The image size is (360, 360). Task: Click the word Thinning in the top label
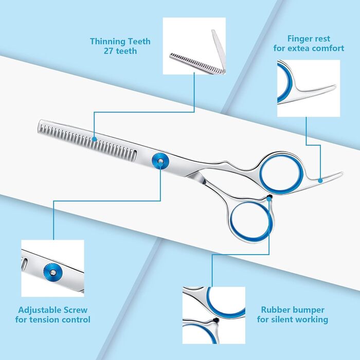(x=107, y=41)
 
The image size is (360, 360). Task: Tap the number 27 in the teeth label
(x=108, y=51)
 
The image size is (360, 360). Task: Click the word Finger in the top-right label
(x=297, y=39)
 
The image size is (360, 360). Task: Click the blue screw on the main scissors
(x=160, y=161)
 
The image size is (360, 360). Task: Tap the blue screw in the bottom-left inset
(x=53, y=272)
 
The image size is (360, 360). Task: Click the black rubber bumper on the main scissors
(x=269, y=197)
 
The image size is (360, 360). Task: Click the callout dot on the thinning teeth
(x=94, y=139)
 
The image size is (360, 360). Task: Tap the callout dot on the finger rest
(x=320, y=181)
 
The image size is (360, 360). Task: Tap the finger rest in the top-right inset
(x=315, y=92)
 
